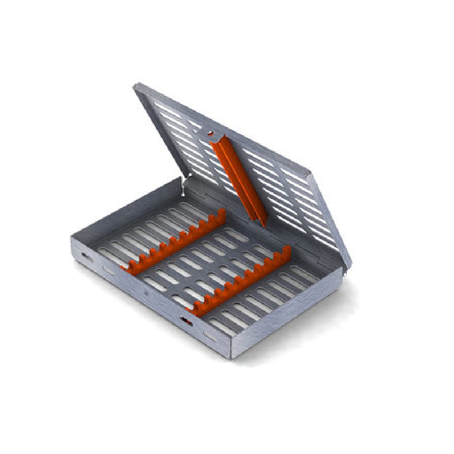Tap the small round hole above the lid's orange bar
pyautogui.click(x=211, y=133)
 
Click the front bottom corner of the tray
pyautogui.click(x=232, y=356)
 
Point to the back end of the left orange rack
pyautogui.click(x=222, y=213)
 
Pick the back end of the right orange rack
pyautogui.click(x=287, y=251)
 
